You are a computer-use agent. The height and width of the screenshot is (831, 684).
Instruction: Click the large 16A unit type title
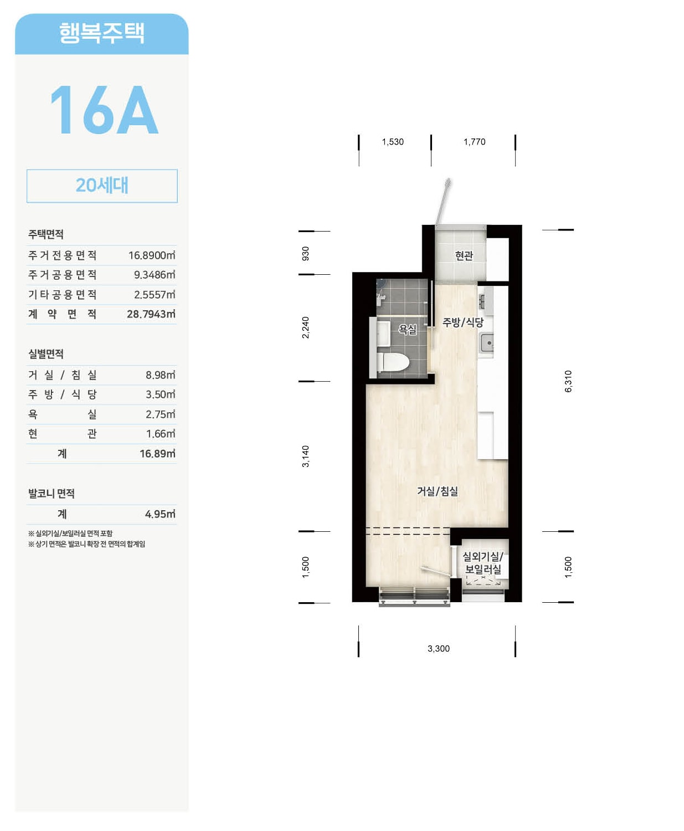[104, 110]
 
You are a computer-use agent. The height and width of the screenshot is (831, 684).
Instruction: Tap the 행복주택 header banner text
[102, 33]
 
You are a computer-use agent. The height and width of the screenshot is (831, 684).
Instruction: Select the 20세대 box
[102, 186]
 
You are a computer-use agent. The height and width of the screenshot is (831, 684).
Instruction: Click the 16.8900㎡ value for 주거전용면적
[152, 255]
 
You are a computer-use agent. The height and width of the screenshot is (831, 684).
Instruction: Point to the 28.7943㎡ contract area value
[151, 314]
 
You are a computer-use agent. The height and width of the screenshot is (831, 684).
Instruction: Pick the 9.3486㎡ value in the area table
[155, 275]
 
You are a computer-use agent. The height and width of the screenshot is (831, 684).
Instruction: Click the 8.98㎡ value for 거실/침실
[161, 375]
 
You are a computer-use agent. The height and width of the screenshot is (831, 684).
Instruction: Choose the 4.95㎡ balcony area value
[160, 514]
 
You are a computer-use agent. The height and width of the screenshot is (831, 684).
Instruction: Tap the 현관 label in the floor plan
[464, 256]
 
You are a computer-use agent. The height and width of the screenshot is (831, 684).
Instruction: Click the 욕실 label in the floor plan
[408, 329]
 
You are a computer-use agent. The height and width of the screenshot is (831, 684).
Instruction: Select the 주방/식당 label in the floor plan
[463, 322]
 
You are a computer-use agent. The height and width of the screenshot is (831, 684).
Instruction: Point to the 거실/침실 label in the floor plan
[438, 491]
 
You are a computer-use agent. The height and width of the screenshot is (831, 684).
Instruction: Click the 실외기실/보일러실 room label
[482, 563]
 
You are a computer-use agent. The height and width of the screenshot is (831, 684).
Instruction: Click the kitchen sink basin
[487, 342]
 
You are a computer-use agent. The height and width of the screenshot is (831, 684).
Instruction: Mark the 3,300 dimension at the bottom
[439, 649]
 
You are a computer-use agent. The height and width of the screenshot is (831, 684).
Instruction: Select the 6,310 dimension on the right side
[568, 381]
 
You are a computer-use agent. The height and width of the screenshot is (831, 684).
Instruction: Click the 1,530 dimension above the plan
[393, 142]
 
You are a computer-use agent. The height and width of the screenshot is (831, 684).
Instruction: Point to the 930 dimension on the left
[305, 253]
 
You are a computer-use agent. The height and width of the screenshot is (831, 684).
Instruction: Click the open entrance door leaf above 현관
[443, 202]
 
